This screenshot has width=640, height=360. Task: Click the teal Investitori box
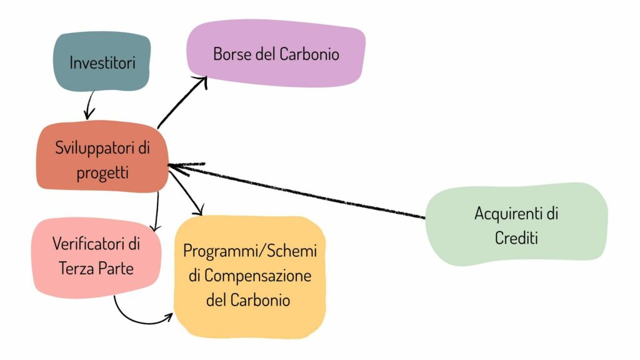click(102, 62)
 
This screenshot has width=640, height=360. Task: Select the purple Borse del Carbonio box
click(276, 54)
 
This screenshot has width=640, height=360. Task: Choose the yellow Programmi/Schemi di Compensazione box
click(250, 275)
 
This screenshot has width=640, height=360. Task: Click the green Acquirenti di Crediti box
click(516, 224)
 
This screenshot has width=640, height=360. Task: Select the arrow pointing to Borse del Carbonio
click(182, 102)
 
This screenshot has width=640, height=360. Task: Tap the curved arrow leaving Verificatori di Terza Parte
click(141, 320)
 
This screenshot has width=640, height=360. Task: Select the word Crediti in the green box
click(516, 237)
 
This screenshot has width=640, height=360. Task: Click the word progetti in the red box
click(103, 172)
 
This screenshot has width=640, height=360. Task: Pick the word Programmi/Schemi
click(250, 251)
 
